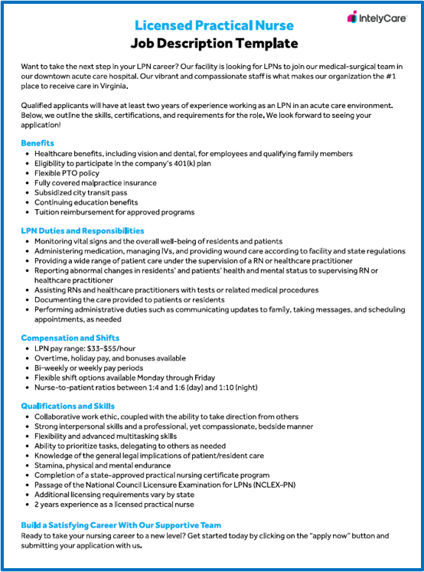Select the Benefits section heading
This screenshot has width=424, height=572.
[x=38, y=143]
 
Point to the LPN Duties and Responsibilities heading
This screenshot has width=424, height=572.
[x=83, y=230]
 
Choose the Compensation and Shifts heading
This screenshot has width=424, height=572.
[x=70, y=338]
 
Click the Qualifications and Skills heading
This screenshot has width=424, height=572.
[x=68, y=406]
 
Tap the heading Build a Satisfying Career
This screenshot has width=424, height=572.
[x=121, y=525]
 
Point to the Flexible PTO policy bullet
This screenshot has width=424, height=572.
[x=72, y=173]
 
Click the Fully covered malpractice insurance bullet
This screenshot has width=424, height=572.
[x=95, y=183]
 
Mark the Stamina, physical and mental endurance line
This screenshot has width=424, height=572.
[x=102, y=465]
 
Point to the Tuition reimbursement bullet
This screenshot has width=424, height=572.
[x=114, y=212]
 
